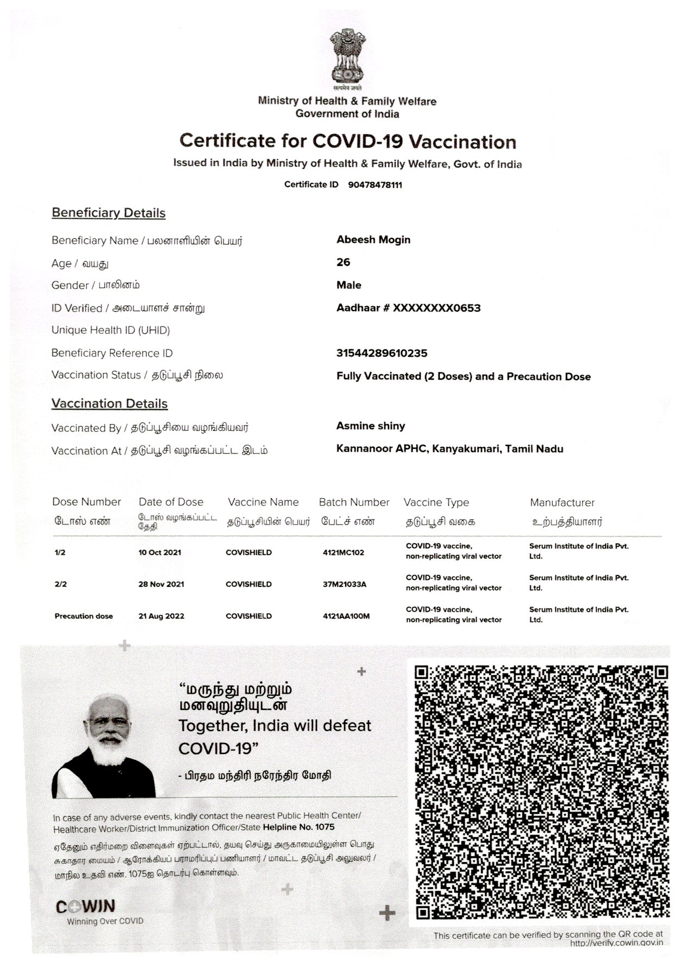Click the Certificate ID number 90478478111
pyautogui.click(x=375, y=185)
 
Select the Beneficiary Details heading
pyautogui.click(x=108, y=213)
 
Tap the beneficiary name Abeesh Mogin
pyautogui.click(x=373, y=240)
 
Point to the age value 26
pyautogui.click(x=344, y=262)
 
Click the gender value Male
pyautogui.click(x=349, y=285)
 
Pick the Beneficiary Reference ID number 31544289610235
pyautogui.click(x=382, y=353)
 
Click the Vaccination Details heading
pyautogui.click(x=109, y=404)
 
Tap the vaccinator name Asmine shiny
pyautogui.click(x=371, y=426)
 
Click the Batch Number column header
pyautogui.click(x=354, y=502)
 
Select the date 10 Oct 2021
pyautogui.click(x=160, y=552)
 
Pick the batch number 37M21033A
pyautogui.click(x=345, y=584)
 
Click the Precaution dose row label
pyautogui.click(x=84, y=616)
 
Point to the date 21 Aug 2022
pyautogui.click(x=161, y=616)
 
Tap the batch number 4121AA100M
pyautogui.click(x=346, y=616)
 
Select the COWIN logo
pyautogui.click(x=85, y=907)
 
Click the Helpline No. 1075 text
pyautogui.click(x=298, y=827)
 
